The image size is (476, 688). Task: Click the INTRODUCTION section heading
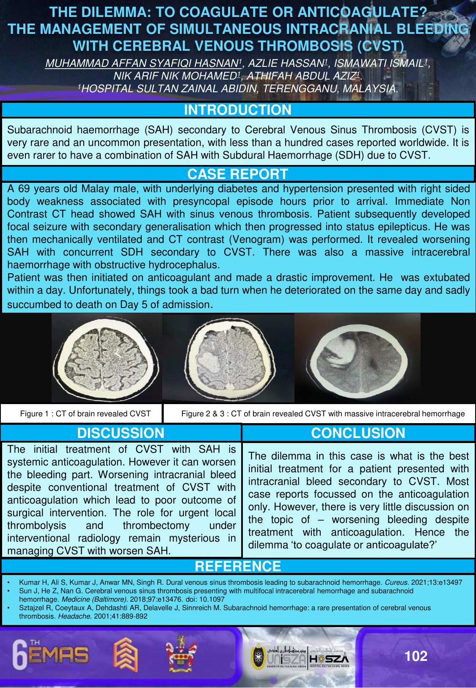tap(237, 110)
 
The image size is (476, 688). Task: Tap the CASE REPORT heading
tap(237, 174)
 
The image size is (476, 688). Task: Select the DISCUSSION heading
tap(121, 433)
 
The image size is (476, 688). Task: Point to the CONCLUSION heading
tap(358, 433)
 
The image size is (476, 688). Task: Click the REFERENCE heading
tap(237, 566)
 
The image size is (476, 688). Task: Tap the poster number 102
tap(416, 656)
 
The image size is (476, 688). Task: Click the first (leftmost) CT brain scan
tap(106, 358)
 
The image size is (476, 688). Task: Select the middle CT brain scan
tap(228, 358)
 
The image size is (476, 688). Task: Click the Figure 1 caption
tap(85, 414)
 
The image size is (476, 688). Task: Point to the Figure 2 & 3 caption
tap(323, 414)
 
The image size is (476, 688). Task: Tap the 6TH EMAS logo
tap(51, 655)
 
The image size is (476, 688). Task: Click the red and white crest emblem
tap(181, 654)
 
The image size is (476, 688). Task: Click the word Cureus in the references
tap(396, 582)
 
